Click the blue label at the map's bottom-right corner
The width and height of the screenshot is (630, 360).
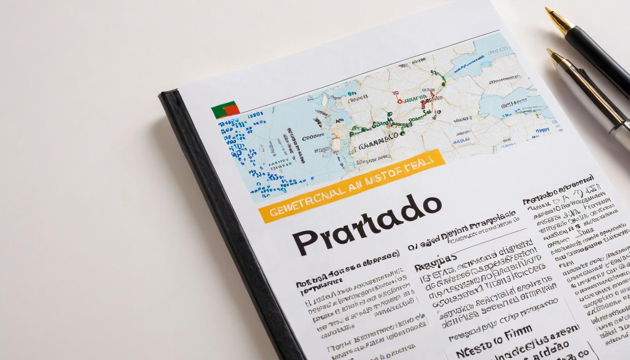tap(542, 130)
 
